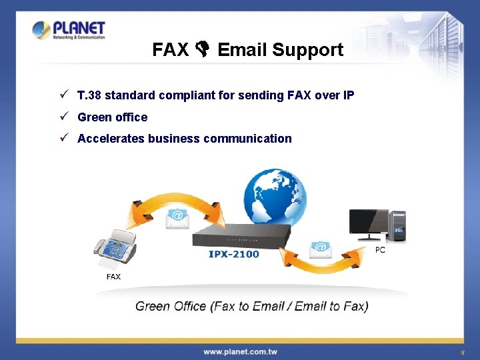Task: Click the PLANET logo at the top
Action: coord(69,30)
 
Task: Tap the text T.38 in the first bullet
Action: coord(89,95)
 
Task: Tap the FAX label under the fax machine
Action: coord(113,277)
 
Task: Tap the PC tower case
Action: coord(398,226)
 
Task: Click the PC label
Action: coord(380,250)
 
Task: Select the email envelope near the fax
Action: coord(177,218)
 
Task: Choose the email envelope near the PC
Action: coord(321,249)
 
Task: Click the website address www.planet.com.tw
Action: coord(240,351)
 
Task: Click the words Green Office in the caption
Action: coord(171,307)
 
